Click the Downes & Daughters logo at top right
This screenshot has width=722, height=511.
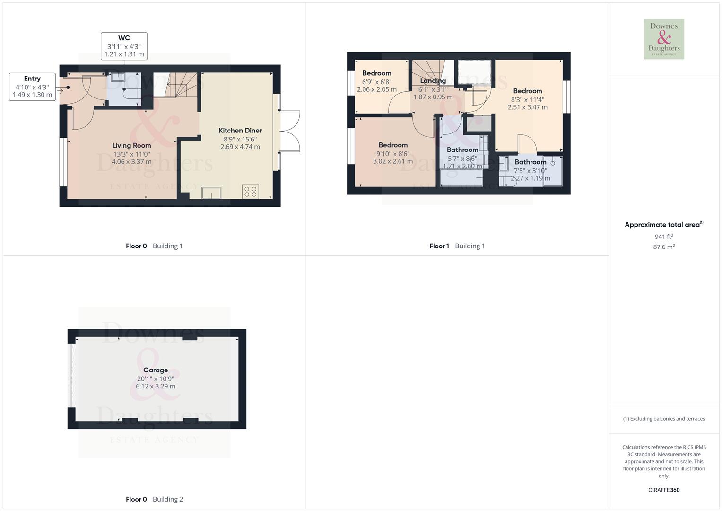(x=664, y=39)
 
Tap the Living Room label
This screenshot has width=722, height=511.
(x=131, y=146)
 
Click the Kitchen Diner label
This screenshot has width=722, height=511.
(x=240, y=131)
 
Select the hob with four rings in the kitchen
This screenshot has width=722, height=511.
(x=251, y=191)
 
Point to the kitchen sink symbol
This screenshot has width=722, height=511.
(x=211, y=193)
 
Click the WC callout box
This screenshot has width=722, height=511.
(x=124, y=46)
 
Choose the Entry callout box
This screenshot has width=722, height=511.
(x=32, y=87)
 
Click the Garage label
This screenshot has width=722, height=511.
(x=156, y=370)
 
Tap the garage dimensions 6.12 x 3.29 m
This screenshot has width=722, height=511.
(x=156, y=387)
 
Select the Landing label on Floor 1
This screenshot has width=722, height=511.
(x=433, y=81)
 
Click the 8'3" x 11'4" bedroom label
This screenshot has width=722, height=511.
(x=528, y=91)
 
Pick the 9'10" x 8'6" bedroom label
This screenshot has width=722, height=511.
(x=393, y=145)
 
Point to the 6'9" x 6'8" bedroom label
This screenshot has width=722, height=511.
(x=377, y=73)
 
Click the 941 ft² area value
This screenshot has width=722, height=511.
(x=664, y=237)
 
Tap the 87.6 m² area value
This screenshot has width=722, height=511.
(x=664, y=247)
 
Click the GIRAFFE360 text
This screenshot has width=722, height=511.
(x=664, y=490)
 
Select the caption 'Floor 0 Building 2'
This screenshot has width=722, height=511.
(x=154, y=499)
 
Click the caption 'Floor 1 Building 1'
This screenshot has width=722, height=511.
(x=457, y=246)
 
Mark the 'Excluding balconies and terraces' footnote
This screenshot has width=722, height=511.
(x=664, y=419)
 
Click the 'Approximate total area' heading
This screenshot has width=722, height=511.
(x=663, y=225)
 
